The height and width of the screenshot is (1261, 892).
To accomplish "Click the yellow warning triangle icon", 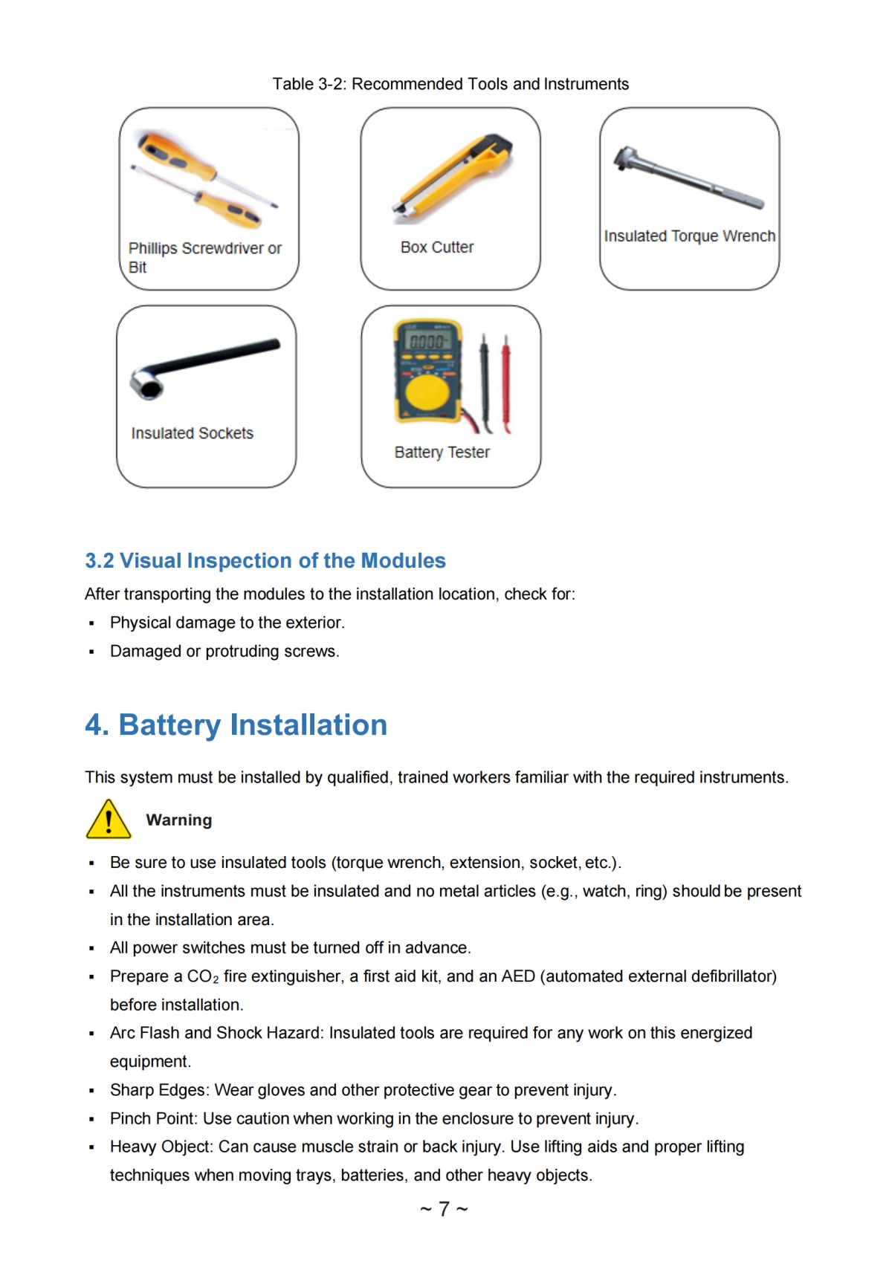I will tap(109, 820).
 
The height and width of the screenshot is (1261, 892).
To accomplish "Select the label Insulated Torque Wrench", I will tap(689, 236).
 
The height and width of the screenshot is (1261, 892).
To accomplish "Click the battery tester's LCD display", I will tap(427, 341).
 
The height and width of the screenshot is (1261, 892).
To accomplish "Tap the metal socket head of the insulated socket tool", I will tap(146, 383).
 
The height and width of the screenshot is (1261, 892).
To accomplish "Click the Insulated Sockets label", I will tap(192, 433).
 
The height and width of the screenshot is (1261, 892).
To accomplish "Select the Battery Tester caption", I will tap(442, 453).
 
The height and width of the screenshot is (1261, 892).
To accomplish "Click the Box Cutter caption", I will tap(436, 247).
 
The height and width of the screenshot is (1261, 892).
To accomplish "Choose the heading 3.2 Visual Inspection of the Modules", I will tap(265, 560).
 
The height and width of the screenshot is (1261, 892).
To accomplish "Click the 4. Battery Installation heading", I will tap(236, 725).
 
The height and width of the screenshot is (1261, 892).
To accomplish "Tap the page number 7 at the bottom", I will tap(444, 1209).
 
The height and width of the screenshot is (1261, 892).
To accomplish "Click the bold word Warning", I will tap(178, 820).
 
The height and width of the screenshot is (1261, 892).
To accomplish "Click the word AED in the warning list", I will tap(518, 976).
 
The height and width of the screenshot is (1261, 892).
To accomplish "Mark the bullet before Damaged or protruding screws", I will tap(91, 652).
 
